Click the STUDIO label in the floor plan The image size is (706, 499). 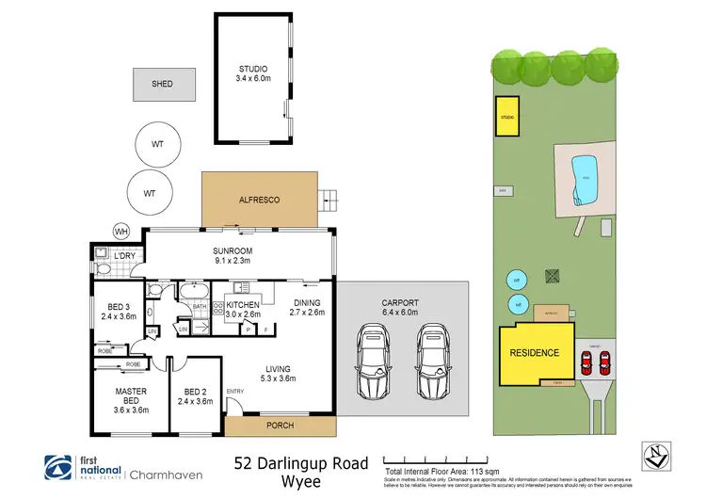[251, 69]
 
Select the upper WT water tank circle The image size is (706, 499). [158, 144]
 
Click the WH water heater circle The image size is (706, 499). [120, 231]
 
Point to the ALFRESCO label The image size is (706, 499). [260, 201]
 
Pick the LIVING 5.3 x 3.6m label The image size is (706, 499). [278, 373]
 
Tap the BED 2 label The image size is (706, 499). [196, 394]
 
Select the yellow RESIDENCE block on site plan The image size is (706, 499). [534, 353]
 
